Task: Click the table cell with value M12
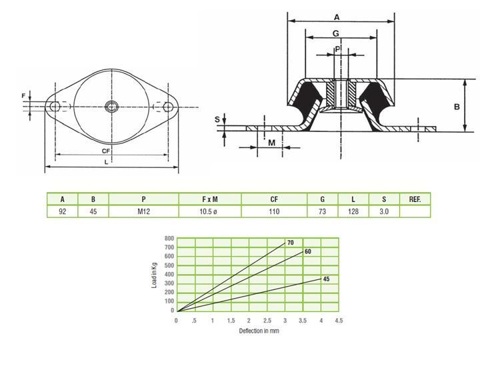[x=143, y=211]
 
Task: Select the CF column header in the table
[x=274, y=199]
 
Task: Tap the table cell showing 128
[x=353, y=211]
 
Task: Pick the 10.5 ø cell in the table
[x=208, y=211]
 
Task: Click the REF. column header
[x=415, y=199]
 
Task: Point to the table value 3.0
[x=384, y=211]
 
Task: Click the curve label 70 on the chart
[x=291, y=243]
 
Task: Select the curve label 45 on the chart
[x=326, y=279]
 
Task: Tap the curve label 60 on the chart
[x=307, y=251]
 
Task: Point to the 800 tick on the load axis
[x=169, y=239]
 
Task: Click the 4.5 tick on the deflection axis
[x=339, y=321]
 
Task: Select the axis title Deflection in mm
[x=259, y=331]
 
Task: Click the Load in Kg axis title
[x=155, y=275]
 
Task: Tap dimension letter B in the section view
[x=457, y=107]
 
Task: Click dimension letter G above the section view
[x=336, y=33]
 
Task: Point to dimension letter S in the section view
[x=217, y=119]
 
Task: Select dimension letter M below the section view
[x=272, y=143]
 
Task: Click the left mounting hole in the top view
[x=55, y=107]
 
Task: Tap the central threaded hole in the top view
[x=111, y=107]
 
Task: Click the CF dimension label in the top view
[x=106, y=151]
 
